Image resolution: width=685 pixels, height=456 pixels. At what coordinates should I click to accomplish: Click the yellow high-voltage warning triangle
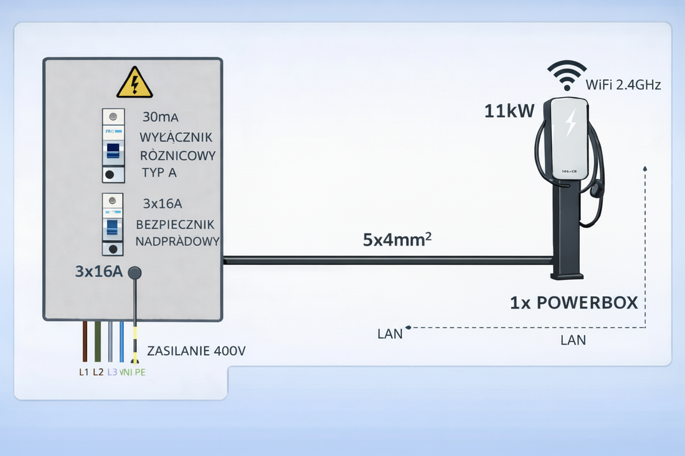[x=135, y=83]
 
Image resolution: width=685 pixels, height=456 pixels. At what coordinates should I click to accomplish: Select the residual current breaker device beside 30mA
[x=113, y=146]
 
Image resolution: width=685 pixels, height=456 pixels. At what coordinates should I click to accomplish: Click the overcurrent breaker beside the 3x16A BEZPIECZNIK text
[x=113, y=225]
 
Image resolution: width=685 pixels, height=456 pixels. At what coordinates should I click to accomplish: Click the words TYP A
[x=159, y=172]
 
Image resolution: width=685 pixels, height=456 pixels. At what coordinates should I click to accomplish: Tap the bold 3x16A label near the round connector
[x=98, y=272]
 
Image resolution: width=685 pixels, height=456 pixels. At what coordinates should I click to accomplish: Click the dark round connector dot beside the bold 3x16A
[x=135, y=272]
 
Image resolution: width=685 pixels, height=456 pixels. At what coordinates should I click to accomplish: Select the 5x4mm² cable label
[x=397, y=240]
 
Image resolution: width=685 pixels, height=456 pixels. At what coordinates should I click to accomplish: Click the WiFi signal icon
[x=566, y=75]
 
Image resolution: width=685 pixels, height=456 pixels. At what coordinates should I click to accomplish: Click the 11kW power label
[x=509, y=112]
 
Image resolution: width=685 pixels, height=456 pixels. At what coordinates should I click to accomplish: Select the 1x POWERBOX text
[x=574, y=303]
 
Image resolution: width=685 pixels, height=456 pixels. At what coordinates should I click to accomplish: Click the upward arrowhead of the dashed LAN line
[x=646, y=169]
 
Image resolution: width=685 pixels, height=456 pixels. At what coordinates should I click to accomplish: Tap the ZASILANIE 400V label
[x=196, y=351]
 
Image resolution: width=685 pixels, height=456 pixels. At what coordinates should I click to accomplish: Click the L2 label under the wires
[x=98, y=372]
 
